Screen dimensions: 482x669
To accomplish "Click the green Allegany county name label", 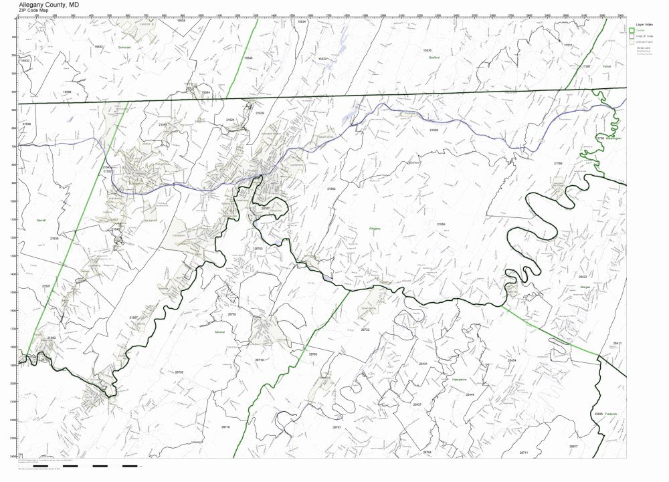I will [x=375, y=229].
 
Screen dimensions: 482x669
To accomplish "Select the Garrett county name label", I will [x=41, y=220].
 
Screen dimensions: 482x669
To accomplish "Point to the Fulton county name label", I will [x=606, y=67].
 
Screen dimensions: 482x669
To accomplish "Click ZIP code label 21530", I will [x=434, y=130].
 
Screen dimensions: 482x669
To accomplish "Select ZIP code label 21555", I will [x=441, y=224].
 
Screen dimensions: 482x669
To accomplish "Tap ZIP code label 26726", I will [x=179, y=372].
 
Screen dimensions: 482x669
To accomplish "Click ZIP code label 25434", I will [x=512, y=360].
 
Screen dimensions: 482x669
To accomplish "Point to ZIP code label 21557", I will [x=133, y=318].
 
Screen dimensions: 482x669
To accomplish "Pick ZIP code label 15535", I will [x=427, y=50].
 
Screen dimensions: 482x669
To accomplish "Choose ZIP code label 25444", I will [x=470, y=394].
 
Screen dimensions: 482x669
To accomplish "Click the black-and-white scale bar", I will [x=100, y=465].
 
